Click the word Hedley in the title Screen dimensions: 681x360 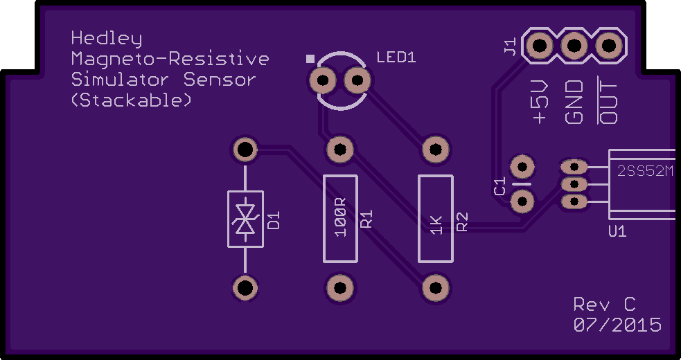[x=107, y=39]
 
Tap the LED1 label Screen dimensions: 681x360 [x=396, y=57]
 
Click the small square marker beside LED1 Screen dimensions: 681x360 [x=310, y=59]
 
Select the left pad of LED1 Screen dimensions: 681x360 [x=323, y=80]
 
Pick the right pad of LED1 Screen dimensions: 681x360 [x=357, y=80]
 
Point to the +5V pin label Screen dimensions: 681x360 [x=540, y=102]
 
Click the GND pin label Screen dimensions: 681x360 [x=574, y=102]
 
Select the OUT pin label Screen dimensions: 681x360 [x=608, y=101]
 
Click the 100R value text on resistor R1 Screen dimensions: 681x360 [x=341, y=217]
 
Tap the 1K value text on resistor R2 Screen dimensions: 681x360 [x=436, y=225]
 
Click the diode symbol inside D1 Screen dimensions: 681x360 [x=245, y=219]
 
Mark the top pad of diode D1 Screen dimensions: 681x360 [x=245, y=150]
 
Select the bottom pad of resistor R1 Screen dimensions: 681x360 [x=340, y=288]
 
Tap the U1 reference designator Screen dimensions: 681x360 [x=617, y=231]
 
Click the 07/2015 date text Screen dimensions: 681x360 [x=617, y=325]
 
